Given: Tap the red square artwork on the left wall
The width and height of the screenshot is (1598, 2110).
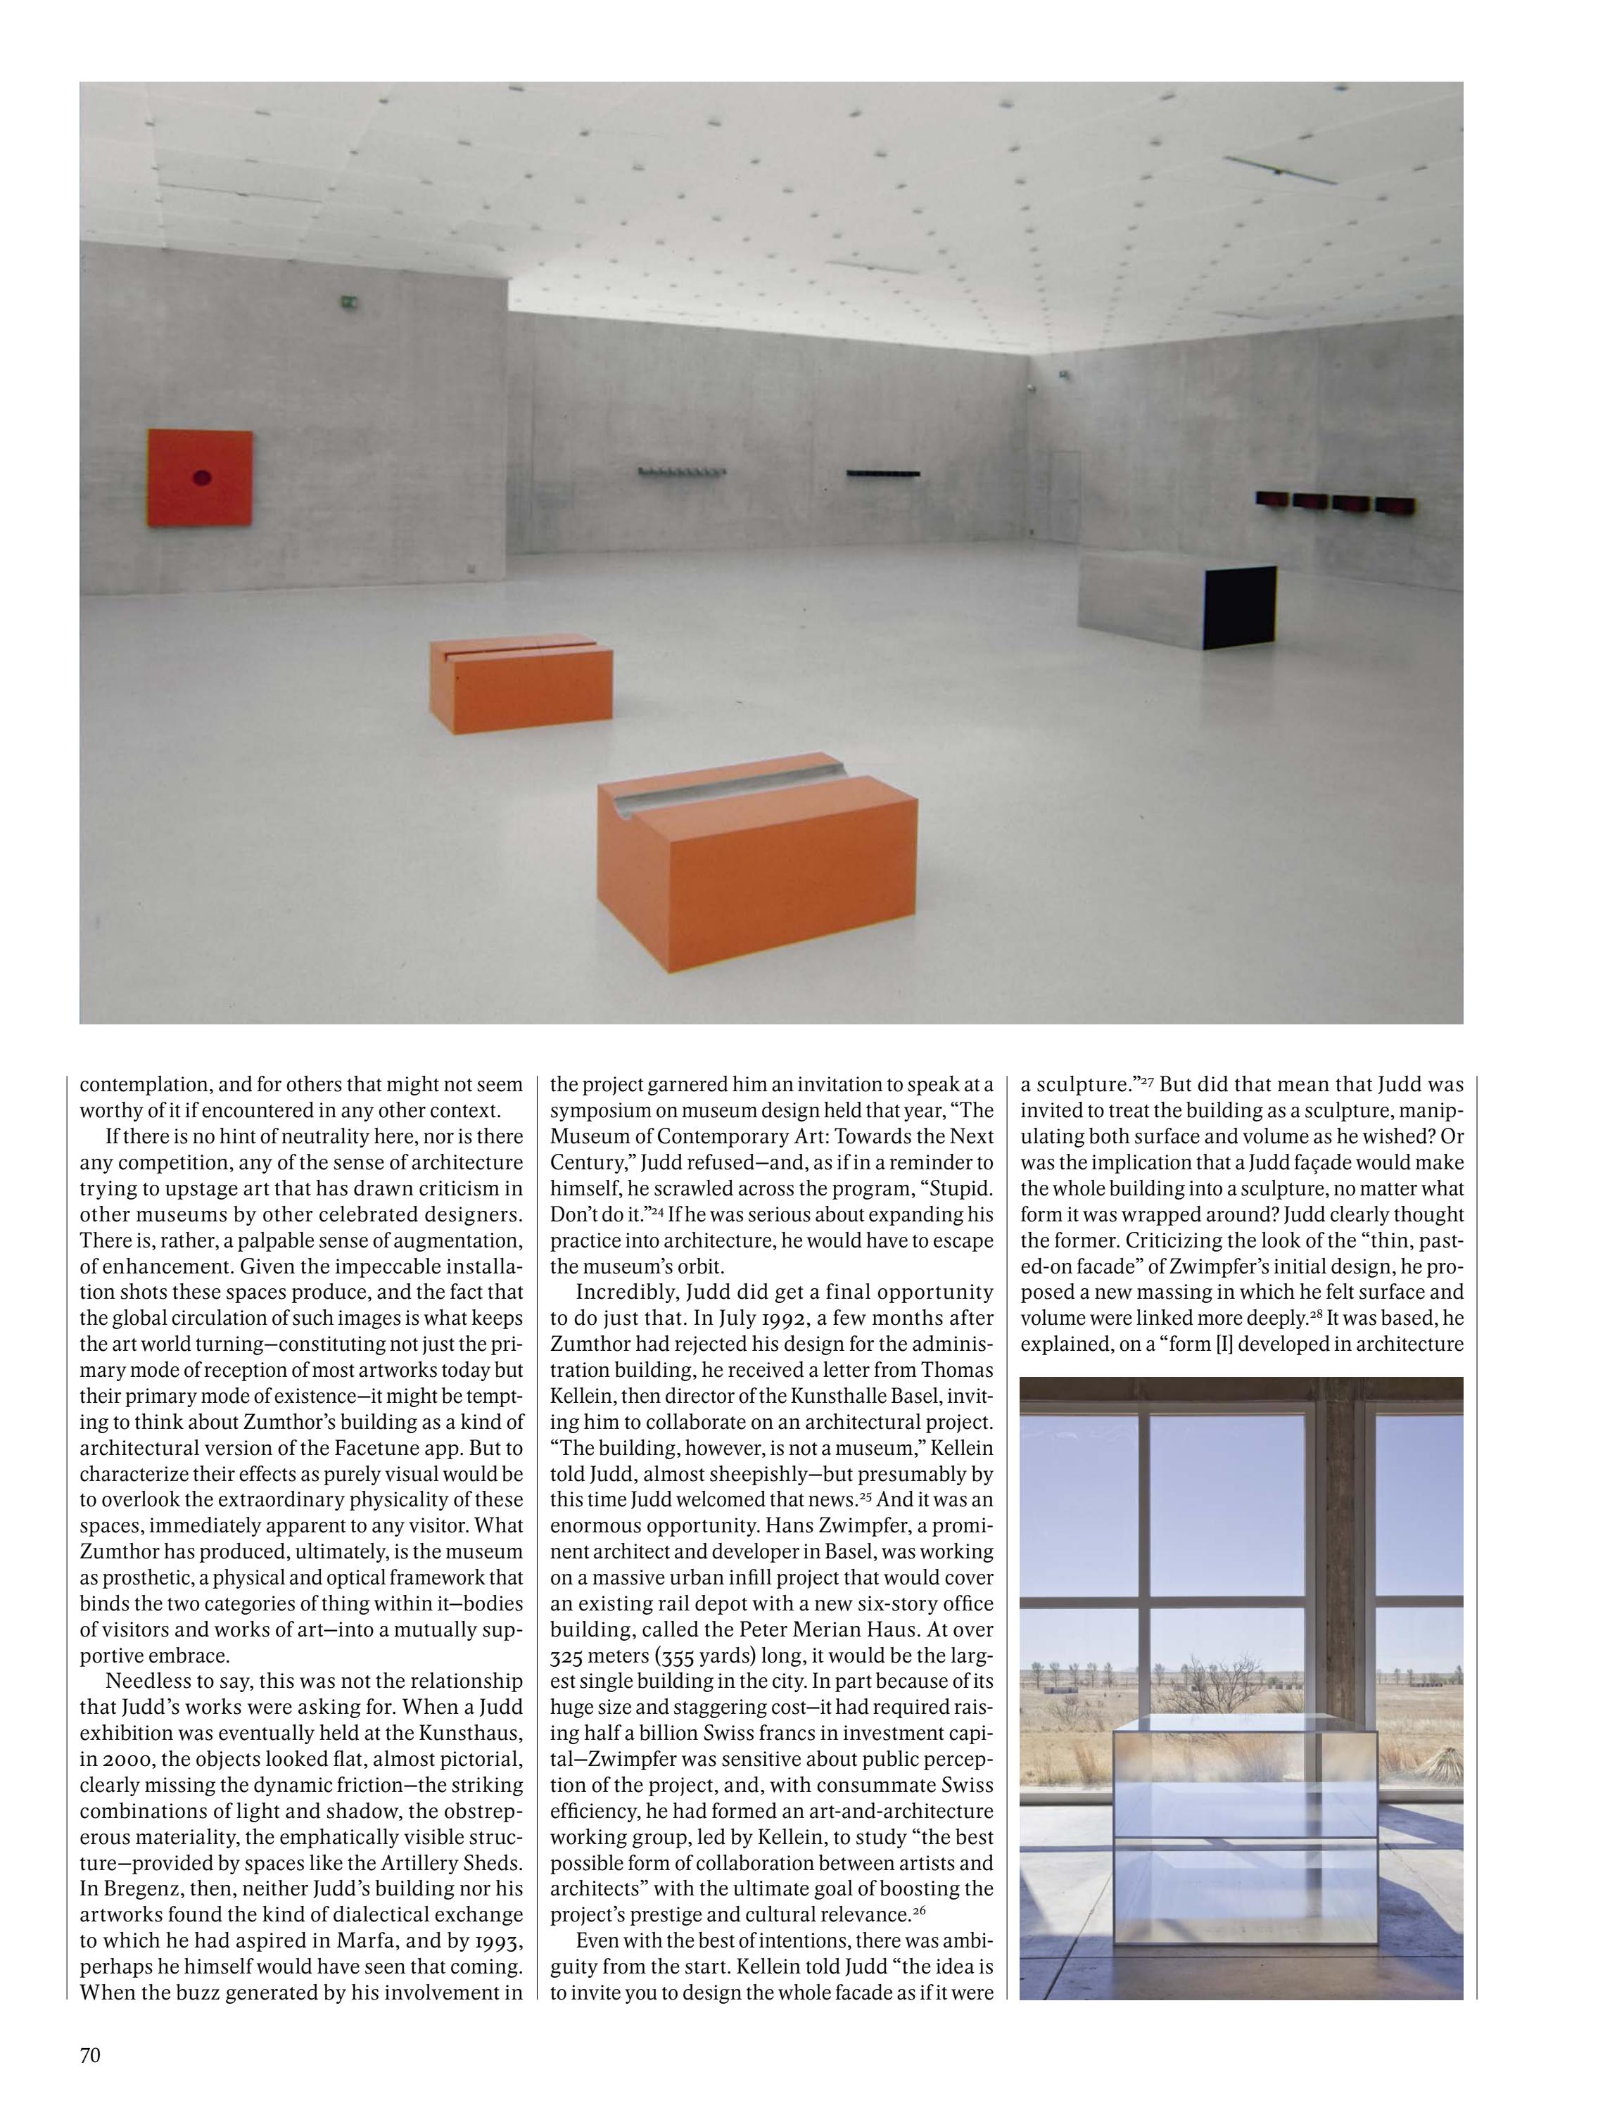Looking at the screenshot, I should point(201,477).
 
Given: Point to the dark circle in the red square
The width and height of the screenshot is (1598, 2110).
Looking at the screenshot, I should point(201,477).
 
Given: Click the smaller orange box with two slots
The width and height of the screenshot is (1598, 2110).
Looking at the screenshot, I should point(520,682).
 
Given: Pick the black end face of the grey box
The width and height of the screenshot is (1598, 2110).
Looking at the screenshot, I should point(1239,606).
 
